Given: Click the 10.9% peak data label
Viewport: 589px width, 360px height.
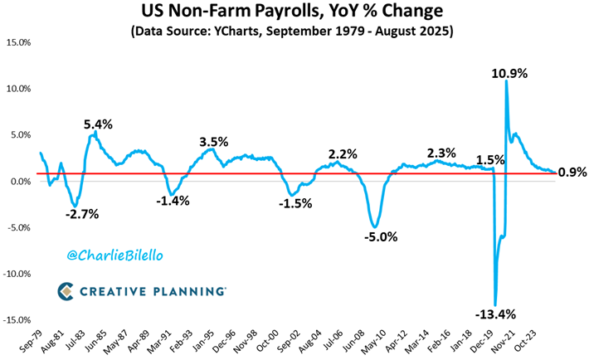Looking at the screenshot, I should pyautogui.click(x=509, y=73).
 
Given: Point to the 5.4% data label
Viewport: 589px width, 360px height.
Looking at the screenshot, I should pyautogui.click(x=99, y=124).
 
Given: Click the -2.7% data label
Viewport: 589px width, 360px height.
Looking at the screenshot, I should pyautogui.click(x=80, y=213).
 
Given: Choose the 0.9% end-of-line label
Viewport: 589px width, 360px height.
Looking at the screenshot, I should pyautogui.click(x=572, y=173).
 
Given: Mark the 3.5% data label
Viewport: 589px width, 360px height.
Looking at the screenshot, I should pyautogui.click(x=213, y=142).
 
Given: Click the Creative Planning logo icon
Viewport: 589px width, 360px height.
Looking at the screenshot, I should pyautogui.click(x=67, y=290).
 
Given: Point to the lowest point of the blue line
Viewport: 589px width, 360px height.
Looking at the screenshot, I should pyautogui.click(x=495, y=304).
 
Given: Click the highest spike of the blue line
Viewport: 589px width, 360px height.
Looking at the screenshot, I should pyautogui.click(x=506, y=81).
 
